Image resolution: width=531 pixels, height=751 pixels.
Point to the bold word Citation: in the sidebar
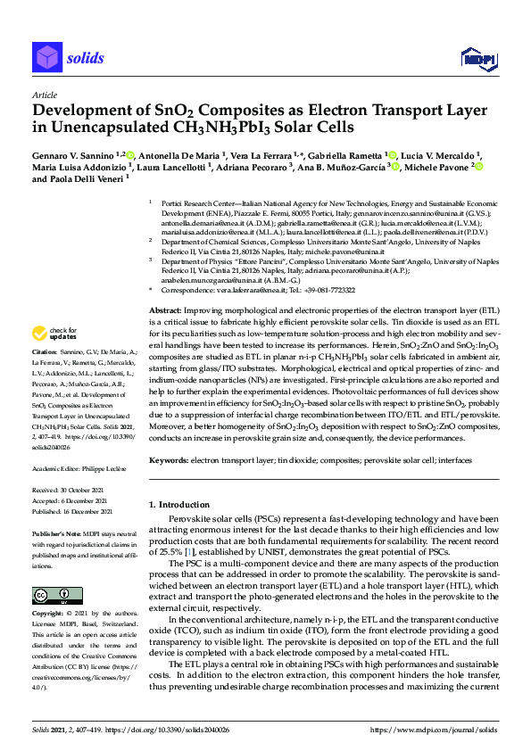pos(46,378)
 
